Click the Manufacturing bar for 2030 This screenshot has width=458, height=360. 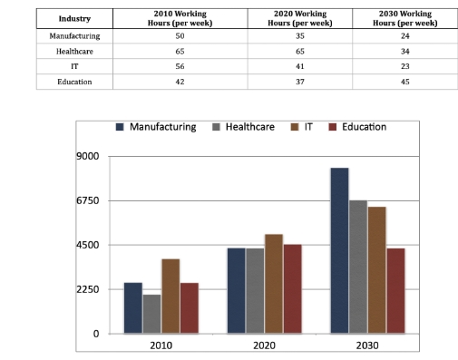pyautogui.click(x=339, y=251)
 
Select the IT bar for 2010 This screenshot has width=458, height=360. pyautogui.click(x=171, y=297)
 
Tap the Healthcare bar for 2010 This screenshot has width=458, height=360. pyautogui.click(x=151, y=314)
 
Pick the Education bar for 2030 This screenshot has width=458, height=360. pyautogui.click(x=395, y=291)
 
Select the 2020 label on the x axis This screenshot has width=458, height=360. pyautogui.click(x=264, y=346)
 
